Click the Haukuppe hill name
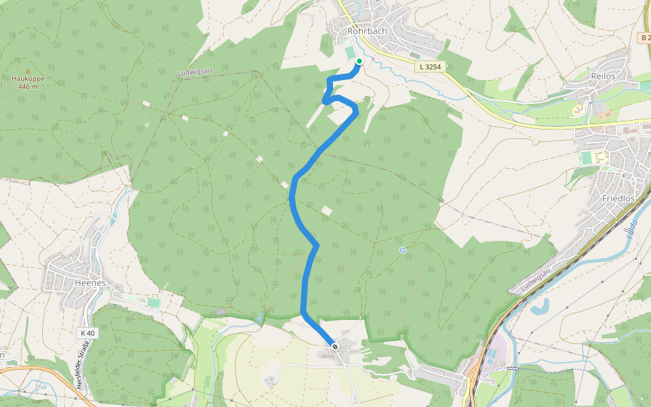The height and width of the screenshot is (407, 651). (28, 79)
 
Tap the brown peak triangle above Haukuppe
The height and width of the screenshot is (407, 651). (28, 70)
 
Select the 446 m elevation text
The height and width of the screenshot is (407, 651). (28, 87)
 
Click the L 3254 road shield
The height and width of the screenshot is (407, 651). (430, 66)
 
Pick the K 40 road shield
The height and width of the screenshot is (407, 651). (87, 333)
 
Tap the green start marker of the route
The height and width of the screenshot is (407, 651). (359, 61)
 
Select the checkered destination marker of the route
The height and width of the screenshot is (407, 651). (335, 347)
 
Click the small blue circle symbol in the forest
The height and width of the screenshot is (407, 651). (403, 251)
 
